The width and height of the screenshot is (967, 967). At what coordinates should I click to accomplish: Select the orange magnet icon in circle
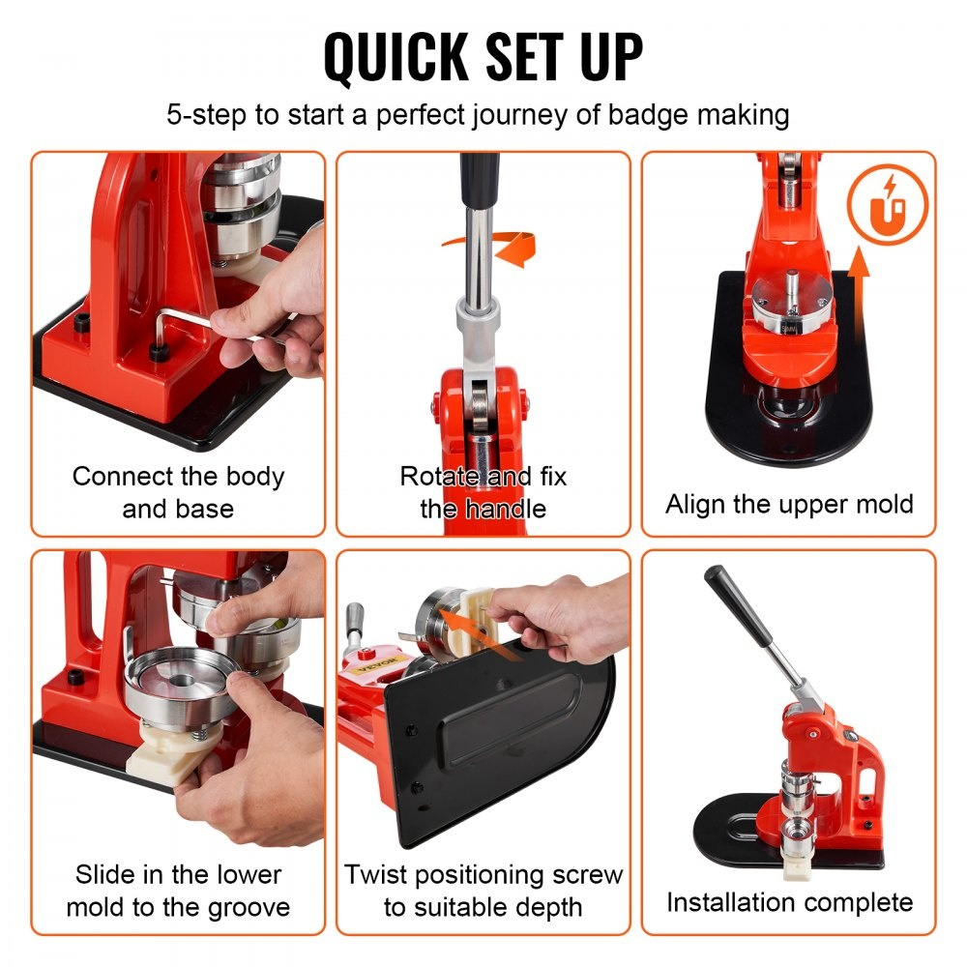[x=887, y=205]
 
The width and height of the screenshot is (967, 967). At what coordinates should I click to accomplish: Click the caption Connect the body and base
[x=178, y=492]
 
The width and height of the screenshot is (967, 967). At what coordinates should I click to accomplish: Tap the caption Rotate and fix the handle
[x=483, y=492]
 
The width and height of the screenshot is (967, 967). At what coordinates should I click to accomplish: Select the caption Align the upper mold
[x=788, y=504]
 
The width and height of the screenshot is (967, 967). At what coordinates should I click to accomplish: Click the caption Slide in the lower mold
[x=178, y=891]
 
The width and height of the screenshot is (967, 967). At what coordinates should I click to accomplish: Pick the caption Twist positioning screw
[x=483, y=891]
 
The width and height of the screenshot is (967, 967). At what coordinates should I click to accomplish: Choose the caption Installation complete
[x=788, y=902]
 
